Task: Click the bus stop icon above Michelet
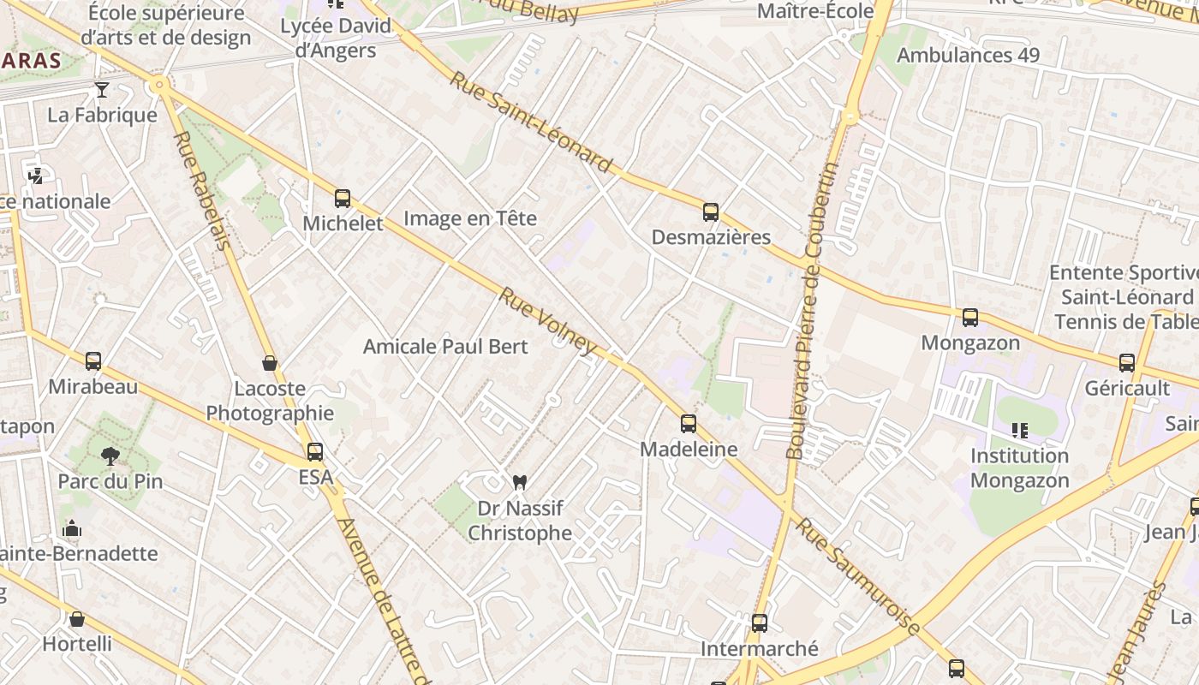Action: [343, 199]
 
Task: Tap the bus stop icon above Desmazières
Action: [710, 212]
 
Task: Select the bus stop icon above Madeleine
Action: [688, 424]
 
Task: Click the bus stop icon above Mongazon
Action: [969, 318]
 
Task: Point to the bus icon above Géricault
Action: [1126, 363]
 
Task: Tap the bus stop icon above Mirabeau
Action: [92, 361]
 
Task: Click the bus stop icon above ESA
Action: [315, 452]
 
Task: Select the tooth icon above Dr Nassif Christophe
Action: [518, 483]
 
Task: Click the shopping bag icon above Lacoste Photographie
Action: [270, 364]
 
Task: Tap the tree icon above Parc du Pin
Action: [110, 456]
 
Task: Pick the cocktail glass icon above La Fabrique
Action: [102, 90]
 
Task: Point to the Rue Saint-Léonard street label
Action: [531, 122]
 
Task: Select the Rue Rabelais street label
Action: [203, 190]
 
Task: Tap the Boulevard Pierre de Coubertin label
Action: [811, 313]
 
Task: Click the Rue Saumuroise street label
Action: [858, 575]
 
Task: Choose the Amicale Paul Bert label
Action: [445, 347]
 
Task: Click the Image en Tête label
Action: [470, 218]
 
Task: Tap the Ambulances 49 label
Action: [968, 56]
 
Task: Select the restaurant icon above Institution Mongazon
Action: [1019, 430]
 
